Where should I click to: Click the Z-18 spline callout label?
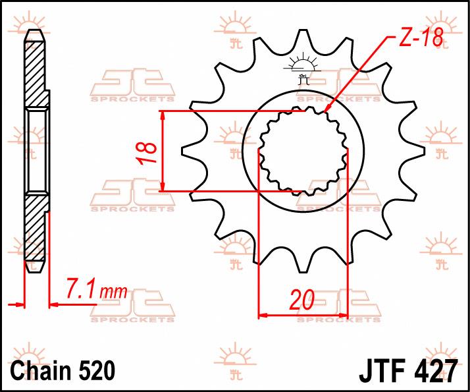(x=421, y=38)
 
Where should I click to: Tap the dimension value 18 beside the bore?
(x=147, y=152)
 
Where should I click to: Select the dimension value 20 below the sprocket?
(x=301, y=300)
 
